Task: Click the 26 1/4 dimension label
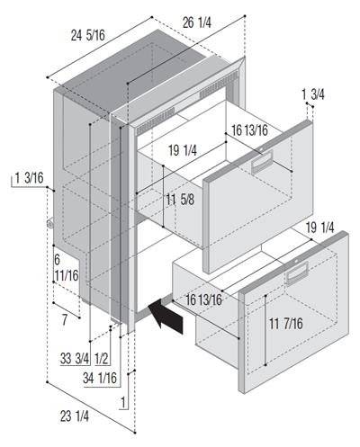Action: (197, 22)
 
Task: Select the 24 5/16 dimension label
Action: (88, 35)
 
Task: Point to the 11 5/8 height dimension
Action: (180, 200)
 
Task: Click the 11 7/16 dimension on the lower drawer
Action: (286, 324)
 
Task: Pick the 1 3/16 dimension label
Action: (29, 178)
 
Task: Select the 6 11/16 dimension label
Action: (66, 267)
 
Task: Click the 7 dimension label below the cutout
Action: (65, 320)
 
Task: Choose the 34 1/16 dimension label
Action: (100, 378)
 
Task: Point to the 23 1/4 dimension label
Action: (75, 416)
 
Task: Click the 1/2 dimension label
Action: (102, 358)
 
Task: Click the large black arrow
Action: (166, 317)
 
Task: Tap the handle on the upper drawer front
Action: (262, 162)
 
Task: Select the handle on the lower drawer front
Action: (297, 273)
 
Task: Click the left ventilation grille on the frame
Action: (155, 121)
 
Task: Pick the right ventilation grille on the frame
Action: (219, 85)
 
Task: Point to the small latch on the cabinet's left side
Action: (49, 223)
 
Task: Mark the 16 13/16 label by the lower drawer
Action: (203, 299)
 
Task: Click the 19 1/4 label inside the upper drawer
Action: (183, 150)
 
